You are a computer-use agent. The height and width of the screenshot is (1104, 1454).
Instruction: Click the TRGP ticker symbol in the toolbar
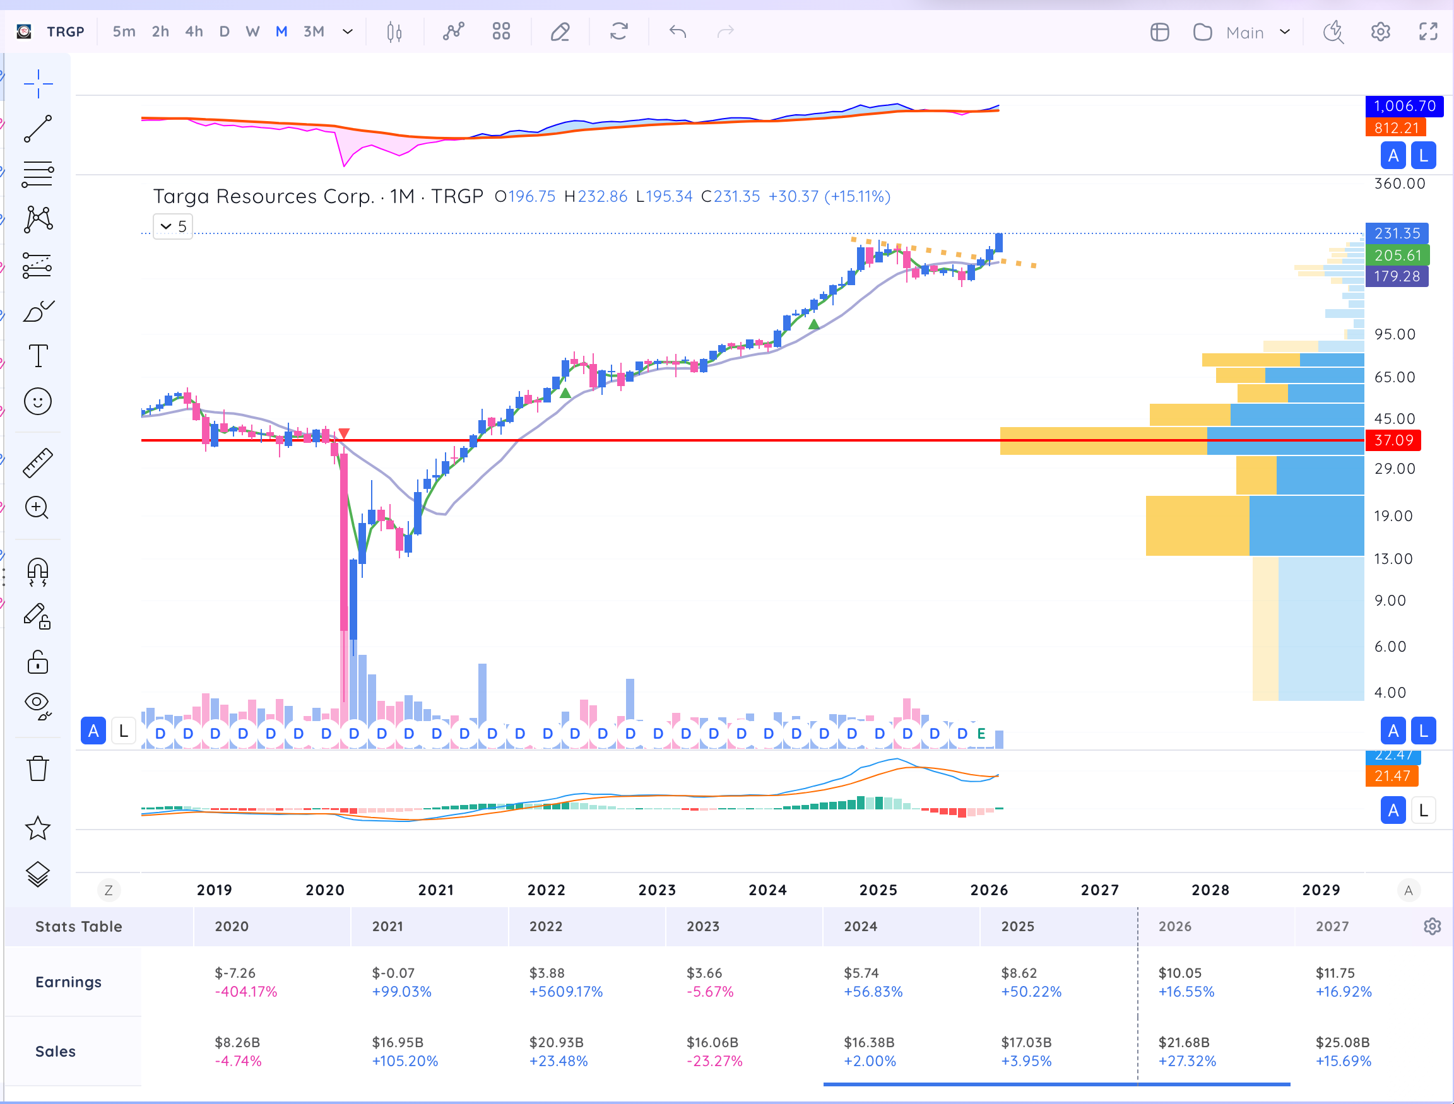click(x=66, y=32)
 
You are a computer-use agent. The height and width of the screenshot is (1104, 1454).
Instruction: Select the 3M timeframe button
click(x=314, y=32)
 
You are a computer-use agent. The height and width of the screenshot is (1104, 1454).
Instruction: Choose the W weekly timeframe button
click(x=252, y=32)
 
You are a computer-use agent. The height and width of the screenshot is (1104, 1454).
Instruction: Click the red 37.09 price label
click(x=1393, y=440)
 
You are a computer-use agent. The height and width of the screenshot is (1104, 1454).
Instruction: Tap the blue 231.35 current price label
click(x=1397, y=233)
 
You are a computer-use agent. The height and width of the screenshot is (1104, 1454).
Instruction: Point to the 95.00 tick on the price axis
click(x=1395, y=334)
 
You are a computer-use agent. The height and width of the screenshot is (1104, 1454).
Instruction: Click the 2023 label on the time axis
click(x=658, y=890)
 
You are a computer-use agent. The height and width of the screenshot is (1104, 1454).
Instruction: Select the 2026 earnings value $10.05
click(x=1180, y=973)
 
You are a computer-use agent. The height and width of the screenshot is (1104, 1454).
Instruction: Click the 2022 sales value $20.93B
click(x=557, y=1042)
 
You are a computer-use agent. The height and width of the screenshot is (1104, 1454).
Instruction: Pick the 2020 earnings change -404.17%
click(x=246, y=992)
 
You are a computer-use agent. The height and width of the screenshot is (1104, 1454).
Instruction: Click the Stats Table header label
click(x=79, y=927)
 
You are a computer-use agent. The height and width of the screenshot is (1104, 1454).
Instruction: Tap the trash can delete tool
click(x=37, y=768)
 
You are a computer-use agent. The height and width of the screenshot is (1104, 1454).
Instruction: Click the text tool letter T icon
click(x=38, y=356)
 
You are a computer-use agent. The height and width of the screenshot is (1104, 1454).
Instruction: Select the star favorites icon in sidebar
click(x=37, y=828)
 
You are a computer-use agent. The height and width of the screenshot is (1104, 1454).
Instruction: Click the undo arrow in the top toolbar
click(x=678, y=32)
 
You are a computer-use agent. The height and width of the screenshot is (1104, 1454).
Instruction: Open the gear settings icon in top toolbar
click(x=1380, y=32)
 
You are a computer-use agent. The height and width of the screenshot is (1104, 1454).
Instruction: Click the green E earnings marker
click(x=981, y=733)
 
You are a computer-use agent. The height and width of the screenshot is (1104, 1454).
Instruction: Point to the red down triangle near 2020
click(x=344, y=434)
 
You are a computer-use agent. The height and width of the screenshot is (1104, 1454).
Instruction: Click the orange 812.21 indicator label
click(x=1395, y=128)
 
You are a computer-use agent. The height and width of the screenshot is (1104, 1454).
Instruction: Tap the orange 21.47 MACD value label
click(x=1392, y=776)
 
